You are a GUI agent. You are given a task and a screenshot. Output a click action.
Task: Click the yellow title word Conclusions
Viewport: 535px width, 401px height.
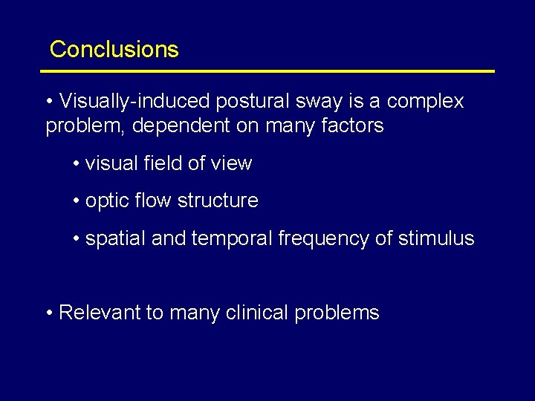tap(114, 50)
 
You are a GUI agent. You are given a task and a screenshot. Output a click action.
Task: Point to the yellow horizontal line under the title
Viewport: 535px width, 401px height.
tap(267, 71)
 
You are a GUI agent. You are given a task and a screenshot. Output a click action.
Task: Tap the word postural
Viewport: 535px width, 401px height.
tap(240, 101)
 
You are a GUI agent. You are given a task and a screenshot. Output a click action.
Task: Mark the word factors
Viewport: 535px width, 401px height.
tap(351, 126)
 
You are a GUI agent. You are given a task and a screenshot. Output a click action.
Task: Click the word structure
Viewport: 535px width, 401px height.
tap(221, 200)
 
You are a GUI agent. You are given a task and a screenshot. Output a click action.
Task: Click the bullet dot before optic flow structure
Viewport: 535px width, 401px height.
tap(77, 201)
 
